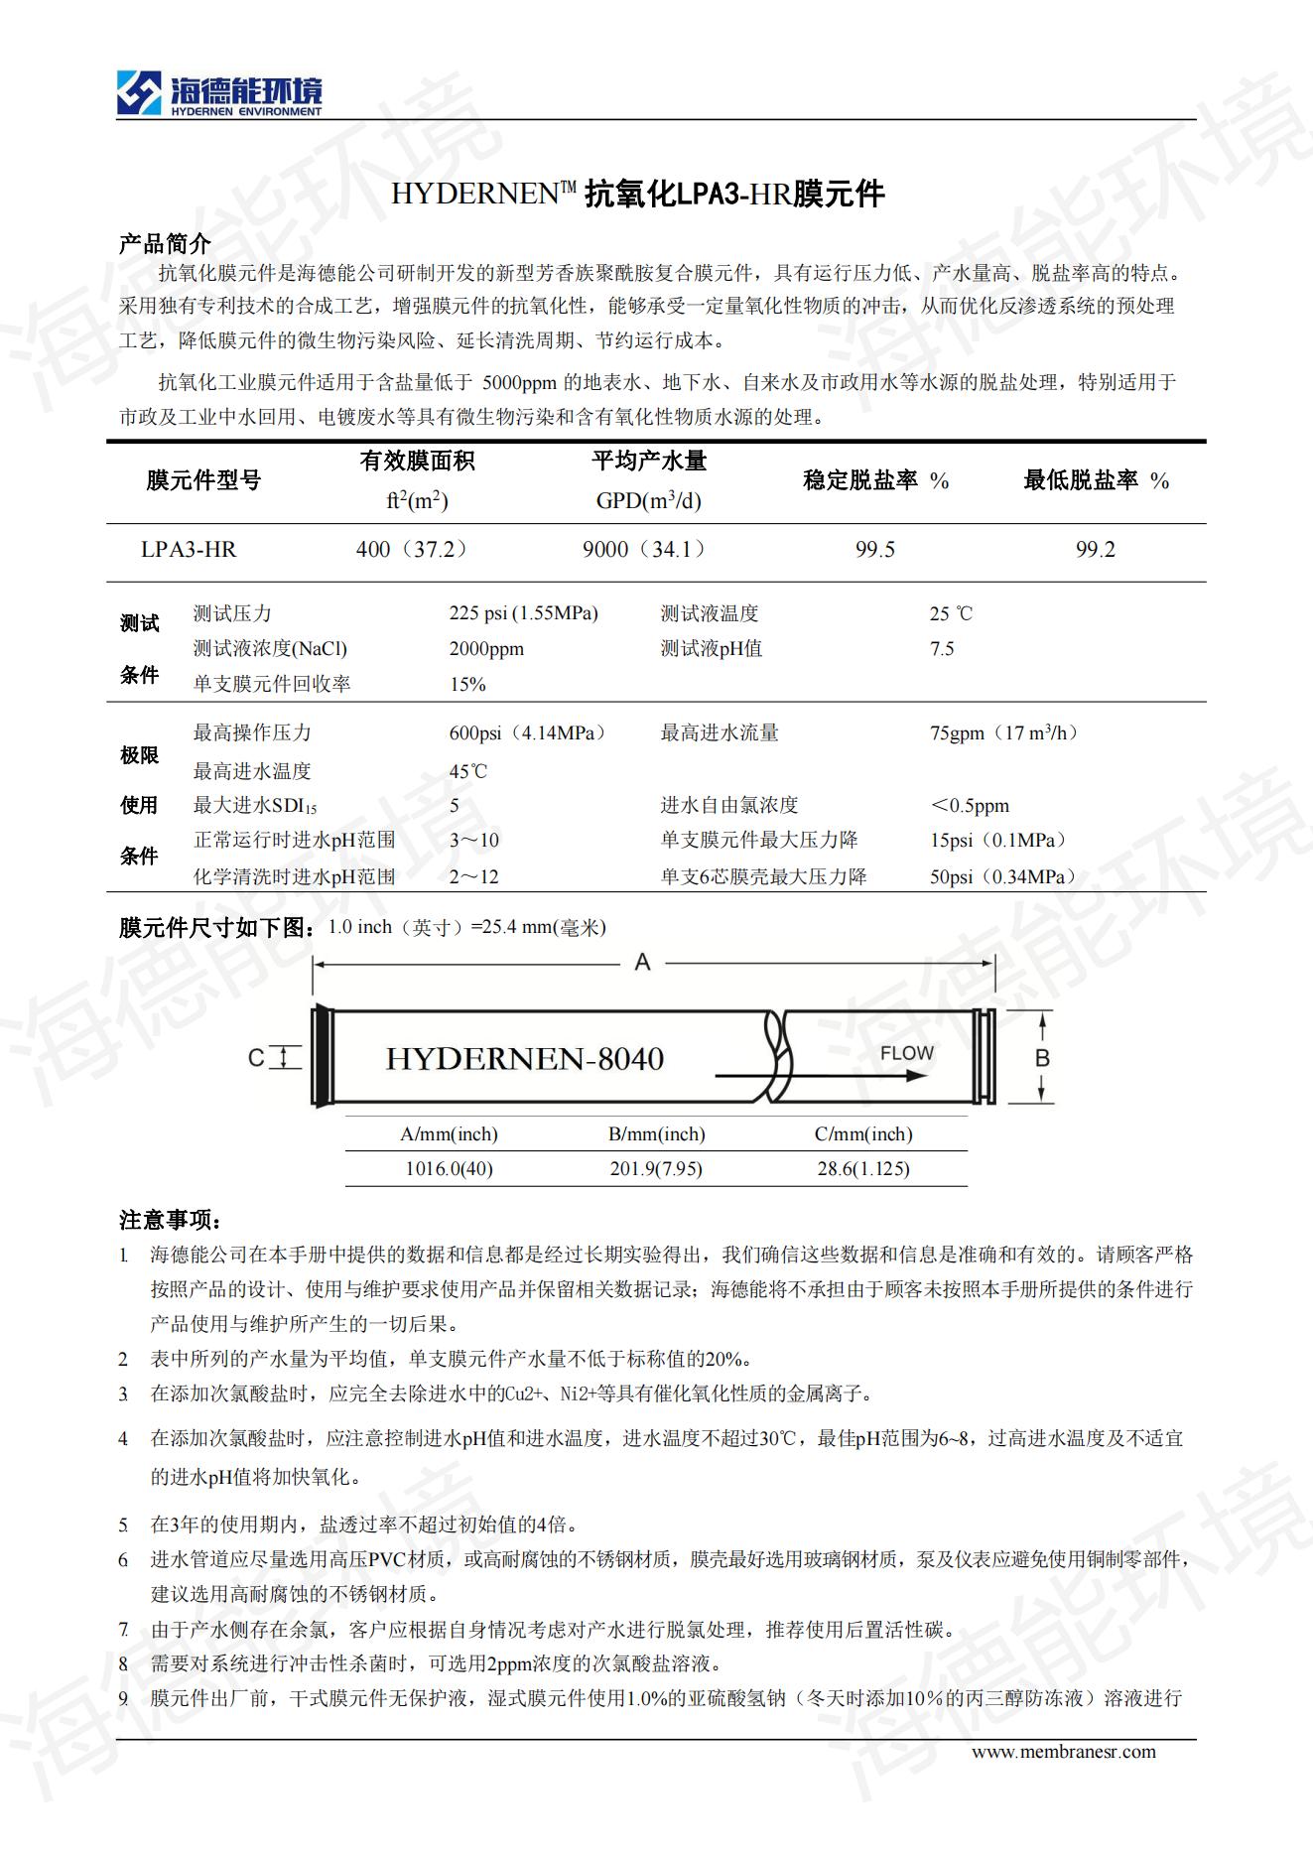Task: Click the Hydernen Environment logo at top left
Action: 219,94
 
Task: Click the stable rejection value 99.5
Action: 875,550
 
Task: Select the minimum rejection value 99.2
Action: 1096,550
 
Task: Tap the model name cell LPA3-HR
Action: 189,550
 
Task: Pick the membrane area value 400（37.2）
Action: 412,550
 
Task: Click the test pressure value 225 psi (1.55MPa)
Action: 523,613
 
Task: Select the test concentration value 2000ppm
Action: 486,649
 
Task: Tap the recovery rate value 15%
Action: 467,685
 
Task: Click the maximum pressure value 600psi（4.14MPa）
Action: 527,733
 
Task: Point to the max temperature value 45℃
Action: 468,771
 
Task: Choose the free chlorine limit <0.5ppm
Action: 970,806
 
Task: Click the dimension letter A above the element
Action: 642,962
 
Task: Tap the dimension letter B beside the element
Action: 1042,1058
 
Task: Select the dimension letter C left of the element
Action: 256,1058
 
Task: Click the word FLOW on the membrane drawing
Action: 907,1053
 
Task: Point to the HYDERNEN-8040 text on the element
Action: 524,1059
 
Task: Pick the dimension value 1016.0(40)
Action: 449,1169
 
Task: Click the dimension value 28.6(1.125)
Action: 863,1169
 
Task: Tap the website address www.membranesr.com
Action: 1063,1751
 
